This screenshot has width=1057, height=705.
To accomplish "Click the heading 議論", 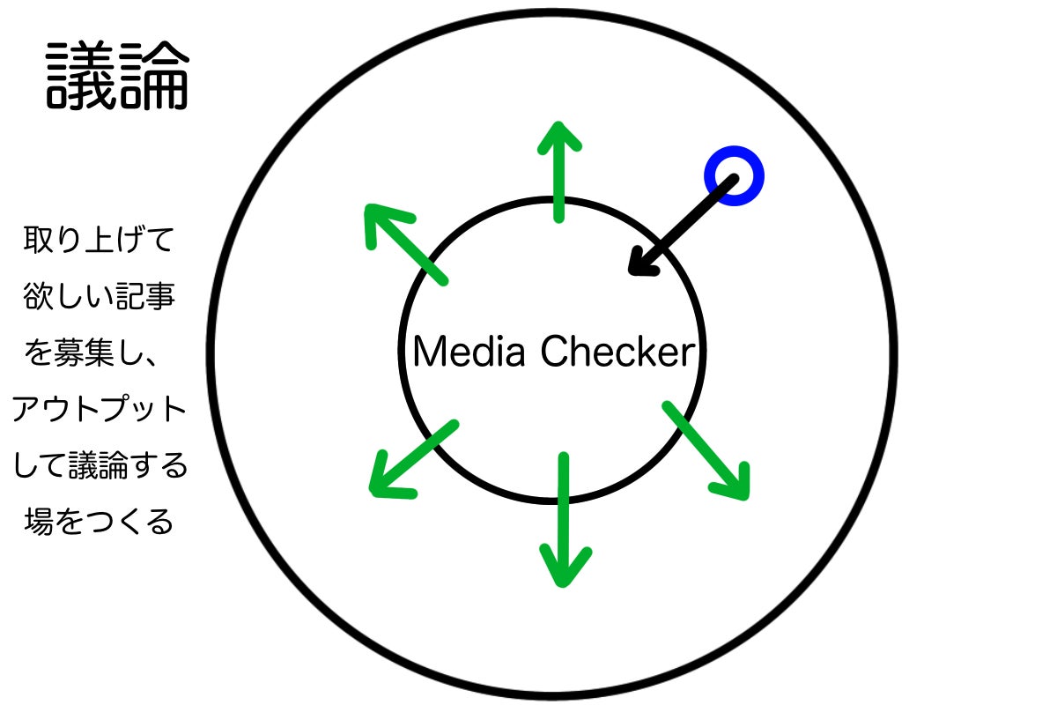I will tap(117, 77).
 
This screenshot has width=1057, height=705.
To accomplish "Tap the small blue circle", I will tap(734, 175).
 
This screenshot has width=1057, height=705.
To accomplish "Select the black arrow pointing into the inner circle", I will tap(682, 225).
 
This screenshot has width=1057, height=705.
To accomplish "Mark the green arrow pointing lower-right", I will tap(706, 450).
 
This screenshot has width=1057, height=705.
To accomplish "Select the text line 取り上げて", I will tap(100, 240).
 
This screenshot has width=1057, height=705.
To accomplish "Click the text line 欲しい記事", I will tap(100, 296).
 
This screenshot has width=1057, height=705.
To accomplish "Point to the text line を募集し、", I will tap(100, 353).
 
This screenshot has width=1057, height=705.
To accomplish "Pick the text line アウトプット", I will tap(100, 410).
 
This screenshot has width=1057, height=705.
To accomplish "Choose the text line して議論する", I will tap(100, 466).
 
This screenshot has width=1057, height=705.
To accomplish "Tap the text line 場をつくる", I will tap(100, 523).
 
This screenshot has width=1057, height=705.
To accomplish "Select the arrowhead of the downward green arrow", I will tap(565, 568).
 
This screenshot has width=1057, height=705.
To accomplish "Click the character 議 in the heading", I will tap(81, 77).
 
